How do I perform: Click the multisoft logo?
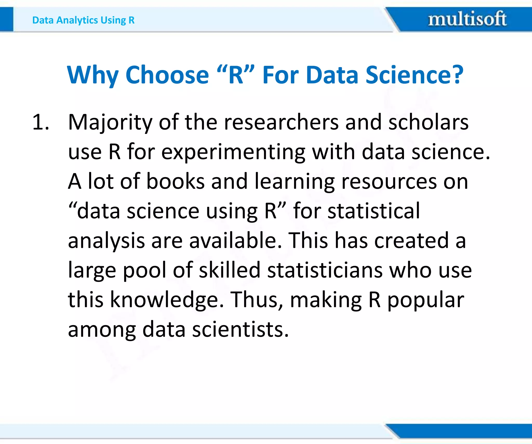pyautogui.click(x=467, y=19)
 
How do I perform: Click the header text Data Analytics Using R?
pyautogui.click(x=83, y=20)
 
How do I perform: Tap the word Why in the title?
pyautogui.click(x=93, y=75)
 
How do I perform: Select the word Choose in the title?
pyautogui.click(x=167, y=75)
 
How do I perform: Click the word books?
pyautogui.click(x=175, y=181)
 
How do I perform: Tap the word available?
pyautogui.click(x=235, y=240)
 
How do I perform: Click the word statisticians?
pyautogui.click(x=325, y=270)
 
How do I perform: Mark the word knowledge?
pyautogui.click(x=167, y=300)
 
